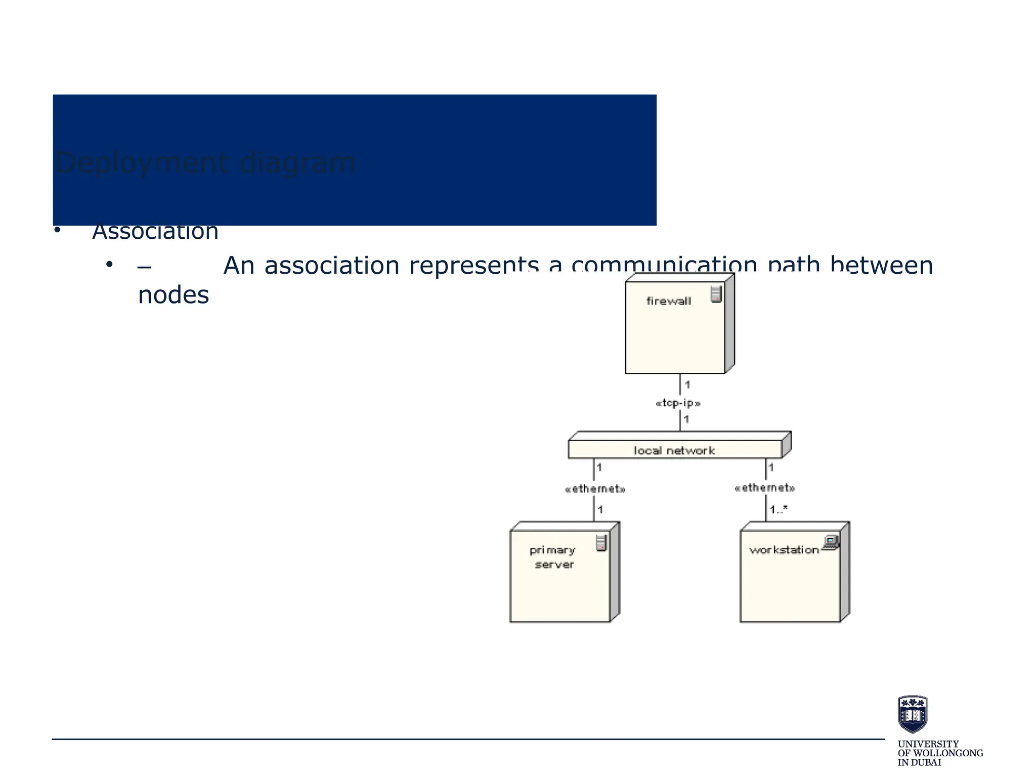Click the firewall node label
[668, 301]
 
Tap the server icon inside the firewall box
[716, 294]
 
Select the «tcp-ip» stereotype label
[678, 403]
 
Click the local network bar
[674, 450]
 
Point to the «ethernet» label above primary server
[595, 489]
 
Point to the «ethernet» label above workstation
[764, 488]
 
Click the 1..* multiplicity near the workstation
[778, 509]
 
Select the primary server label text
[553, 557]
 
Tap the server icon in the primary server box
[601, 543]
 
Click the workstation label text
[784, 550]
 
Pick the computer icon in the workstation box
[831, 542]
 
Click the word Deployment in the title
[141, 163]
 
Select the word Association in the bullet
[155, 232]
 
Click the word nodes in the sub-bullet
[173, 295]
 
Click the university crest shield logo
[912, 714]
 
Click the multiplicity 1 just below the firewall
[687, 385]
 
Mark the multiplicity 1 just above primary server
[600, 509]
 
